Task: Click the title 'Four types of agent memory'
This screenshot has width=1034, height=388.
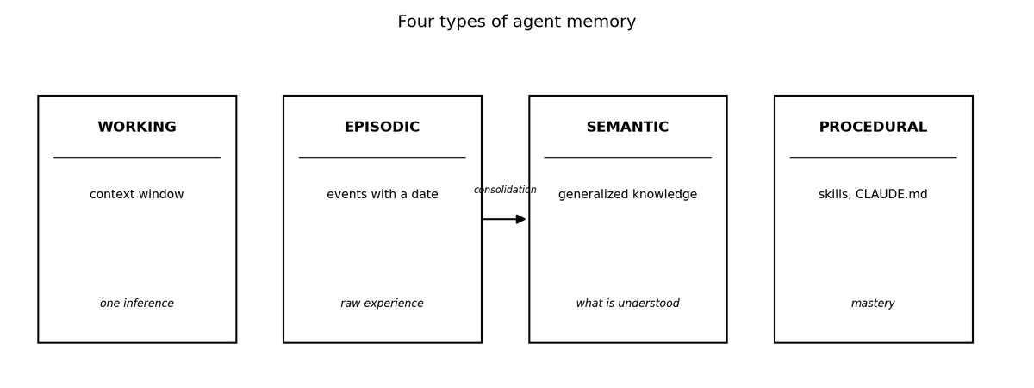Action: (516, 22)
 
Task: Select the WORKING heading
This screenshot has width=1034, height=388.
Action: (137, 127)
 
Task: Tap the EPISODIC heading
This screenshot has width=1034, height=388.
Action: (383, 127)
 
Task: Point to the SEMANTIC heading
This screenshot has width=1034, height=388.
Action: (628, 127)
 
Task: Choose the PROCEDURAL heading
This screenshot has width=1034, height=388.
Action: (874, 127)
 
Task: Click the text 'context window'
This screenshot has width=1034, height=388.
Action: (137, 195)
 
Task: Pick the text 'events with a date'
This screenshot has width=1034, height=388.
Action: (383, 195)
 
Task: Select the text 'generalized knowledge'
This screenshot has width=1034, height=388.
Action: (628, 195)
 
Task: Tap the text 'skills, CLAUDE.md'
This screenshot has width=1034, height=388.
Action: (874, 195)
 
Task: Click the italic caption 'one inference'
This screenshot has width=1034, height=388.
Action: (137, 304)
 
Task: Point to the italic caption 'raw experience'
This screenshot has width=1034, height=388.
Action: (383, 304)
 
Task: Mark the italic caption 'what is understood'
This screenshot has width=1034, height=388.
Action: (628, 304)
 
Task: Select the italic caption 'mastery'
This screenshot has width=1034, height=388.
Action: (874, 304)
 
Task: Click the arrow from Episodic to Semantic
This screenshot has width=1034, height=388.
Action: (505, 219)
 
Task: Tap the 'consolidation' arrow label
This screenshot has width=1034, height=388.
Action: (505, 190)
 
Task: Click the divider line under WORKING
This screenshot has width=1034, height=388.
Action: (137, 158)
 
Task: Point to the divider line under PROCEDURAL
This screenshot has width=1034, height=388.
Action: (874, 158)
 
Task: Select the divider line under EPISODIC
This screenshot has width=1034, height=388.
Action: (383, 158)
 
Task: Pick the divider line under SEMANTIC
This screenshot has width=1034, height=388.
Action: (628, 158)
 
